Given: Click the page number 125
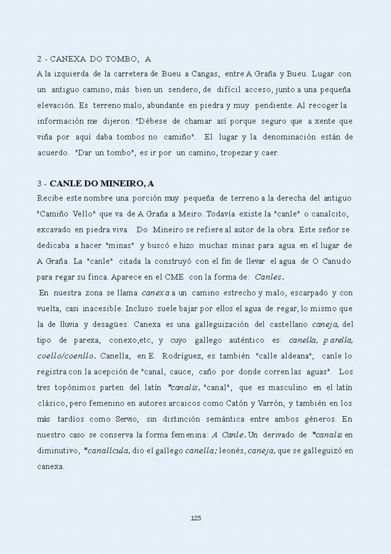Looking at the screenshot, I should pos(195,518).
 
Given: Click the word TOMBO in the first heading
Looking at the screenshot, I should pos(118,59).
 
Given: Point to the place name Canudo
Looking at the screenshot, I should pos(337,260).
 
